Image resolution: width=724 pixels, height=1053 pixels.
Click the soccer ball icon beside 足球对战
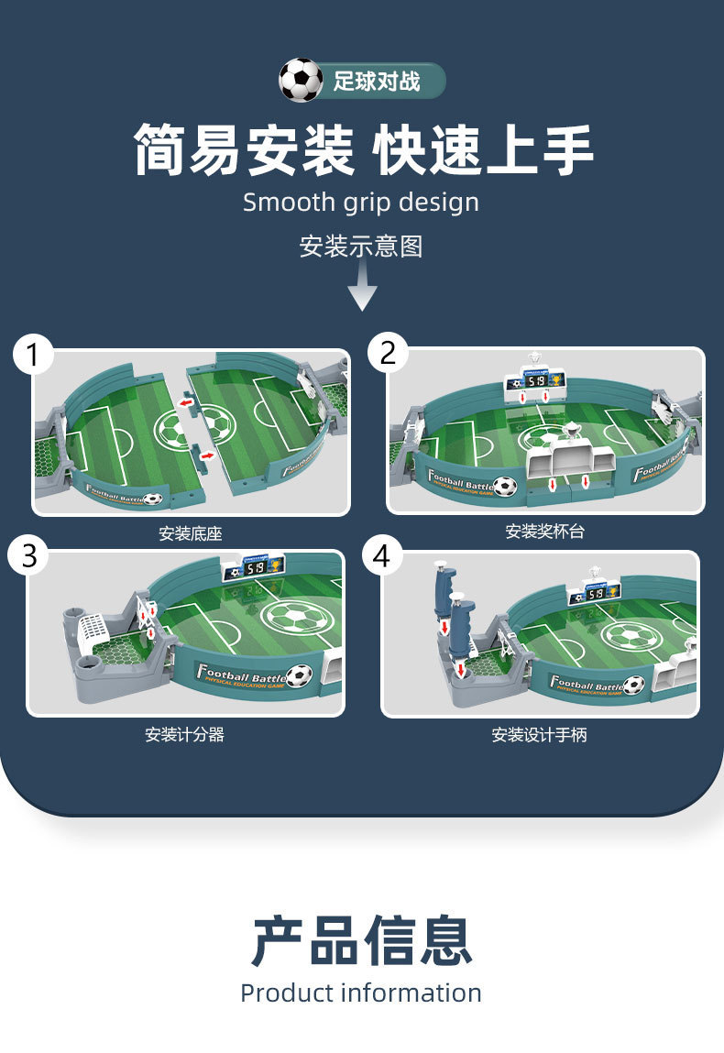301,81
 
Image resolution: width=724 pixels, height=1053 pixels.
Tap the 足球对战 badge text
377,82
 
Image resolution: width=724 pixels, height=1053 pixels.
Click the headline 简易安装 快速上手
362,149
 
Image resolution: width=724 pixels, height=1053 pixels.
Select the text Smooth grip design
361,203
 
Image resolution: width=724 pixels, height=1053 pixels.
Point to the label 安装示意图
361,246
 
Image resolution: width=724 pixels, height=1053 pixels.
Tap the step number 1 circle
34,355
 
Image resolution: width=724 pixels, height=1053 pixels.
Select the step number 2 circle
389,353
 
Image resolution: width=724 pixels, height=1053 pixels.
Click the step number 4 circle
383,555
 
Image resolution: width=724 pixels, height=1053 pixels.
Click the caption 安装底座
191,533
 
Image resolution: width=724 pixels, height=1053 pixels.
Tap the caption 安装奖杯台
544,531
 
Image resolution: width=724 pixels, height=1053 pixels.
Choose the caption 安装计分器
184,734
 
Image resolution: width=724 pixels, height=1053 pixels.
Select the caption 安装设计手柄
539,734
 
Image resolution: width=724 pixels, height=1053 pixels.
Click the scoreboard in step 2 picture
534,379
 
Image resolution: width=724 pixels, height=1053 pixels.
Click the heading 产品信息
361,940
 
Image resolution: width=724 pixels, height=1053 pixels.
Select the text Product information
361,993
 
